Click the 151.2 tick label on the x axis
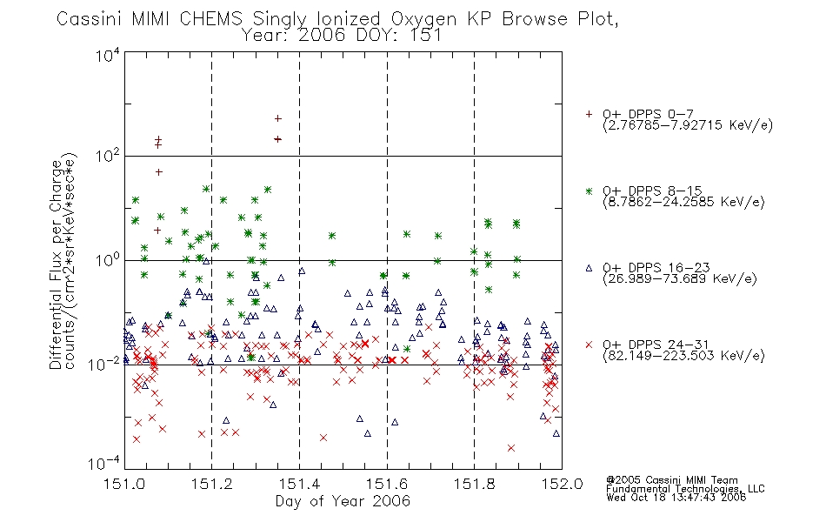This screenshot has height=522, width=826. tap(212, 484)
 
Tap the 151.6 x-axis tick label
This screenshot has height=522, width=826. tap(387, 484)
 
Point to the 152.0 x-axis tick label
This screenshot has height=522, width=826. tap(562, 484)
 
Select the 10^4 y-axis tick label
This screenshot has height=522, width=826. tap(107, 56)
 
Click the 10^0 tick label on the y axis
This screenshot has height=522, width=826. tap(107, 260)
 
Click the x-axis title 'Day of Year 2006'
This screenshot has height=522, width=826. tap(343, 501)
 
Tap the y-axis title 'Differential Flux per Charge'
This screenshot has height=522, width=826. tap(57, 264)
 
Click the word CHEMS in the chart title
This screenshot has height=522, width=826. tap(210, 19)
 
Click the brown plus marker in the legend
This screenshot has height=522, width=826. tap(589, 114)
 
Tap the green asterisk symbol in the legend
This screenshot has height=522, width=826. tap(589, 191)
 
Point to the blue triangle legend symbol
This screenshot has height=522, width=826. tap(589, 268)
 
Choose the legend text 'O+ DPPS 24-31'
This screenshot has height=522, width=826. tap(656, 345)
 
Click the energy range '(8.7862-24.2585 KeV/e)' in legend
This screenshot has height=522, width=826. tap(683, 202)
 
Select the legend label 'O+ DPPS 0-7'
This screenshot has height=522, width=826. tap(649, 114)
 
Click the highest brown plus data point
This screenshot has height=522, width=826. tap(278, 118)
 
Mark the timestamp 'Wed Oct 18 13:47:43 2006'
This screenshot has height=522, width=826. tap(676, 498)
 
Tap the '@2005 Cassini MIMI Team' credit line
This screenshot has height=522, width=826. tap(671, 480)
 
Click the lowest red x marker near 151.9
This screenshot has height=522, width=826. tap(511, 448)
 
